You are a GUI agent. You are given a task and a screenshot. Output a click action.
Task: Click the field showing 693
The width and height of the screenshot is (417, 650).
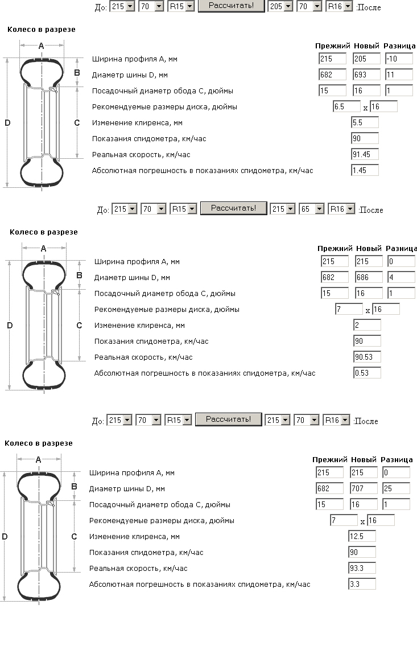pyautogui.click(x=366, y=75)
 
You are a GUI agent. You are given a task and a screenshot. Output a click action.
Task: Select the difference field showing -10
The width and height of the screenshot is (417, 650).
pyautogui.click(x=398, y=59)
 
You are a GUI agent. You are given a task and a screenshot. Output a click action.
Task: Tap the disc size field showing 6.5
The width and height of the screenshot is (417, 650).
pyautogui.click(x=346, y=106)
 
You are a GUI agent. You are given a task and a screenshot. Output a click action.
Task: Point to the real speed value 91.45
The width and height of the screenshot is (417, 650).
pyautogui.click(x=365, y=154)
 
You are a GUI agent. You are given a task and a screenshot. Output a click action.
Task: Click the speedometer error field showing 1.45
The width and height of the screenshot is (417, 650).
pyautogui.click(x=365, y=170)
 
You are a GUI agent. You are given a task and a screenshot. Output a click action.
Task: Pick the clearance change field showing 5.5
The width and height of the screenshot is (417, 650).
pyautogui.click(x=365, y=122)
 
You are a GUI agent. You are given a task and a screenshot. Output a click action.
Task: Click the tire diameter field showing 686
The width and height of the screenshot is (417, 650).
pyautogui.click(x=369, y=278)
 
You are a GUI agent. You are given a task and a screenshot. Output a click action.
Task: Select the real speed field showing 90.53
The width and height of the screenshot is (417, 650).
pyautogui.click(x=367, y=357)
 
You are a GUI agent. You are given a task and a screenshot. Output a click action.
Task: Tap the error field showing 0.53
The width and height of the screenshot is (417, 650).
pyautogui.click(x=367, y=373)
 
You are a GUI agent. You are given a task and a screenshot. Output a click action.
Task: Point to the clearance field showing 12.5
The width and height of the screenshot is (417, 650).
pyautogui.click(x=362, y=536)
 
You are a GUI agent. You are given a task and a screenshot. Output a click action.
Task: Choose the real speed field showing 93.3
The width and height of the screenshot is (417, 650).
pyautogui.click(x=362, y=568)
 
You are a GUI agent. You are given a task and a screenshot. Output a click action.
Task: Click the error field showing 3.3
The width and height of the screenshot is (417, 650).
pyautogui.click(x=362, y=584)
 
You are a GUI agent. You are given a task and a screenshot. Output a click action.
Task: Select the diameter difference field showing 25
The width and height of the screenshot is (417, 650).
pyautogui.click(x=396, y=488)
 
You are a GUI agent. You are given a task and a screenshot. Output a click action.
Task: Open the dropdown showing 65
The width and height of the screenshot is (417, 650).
pyautogui.click(x=311, y=209)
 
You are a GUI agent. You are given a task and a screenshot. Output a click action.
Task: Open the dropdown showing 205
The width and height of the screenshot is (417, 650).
pyautogui.click(x=280, y=7)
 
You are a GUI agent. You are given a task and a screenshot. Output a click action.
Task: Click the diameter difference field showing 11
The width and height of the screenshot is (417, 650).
pyautogui.click(x=398, y=75)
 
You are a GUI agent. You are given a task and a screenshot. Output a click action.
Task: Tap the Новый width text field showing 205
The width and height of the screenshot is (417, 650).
pyautogui.click(x=366, y=59)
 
